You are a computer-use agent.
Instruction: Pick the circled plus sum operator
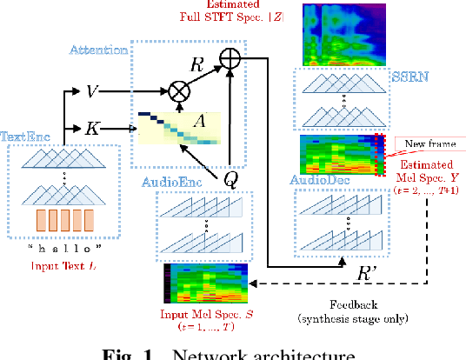[230, 57]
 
